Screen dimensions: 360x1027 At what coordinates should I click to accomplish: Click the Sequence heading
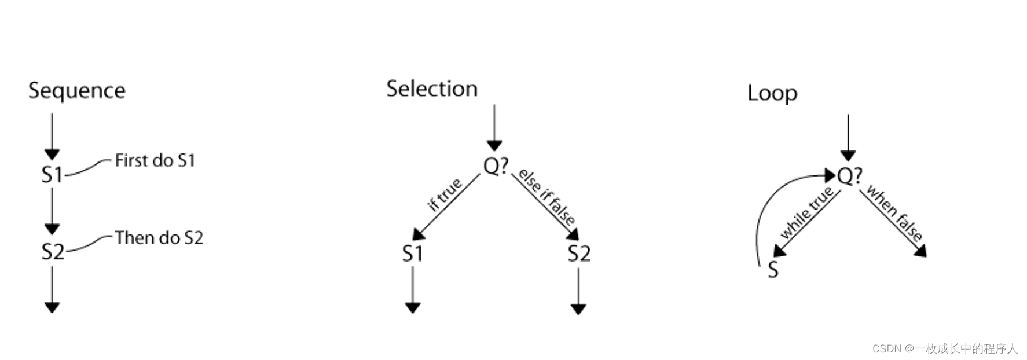[x=76, y=91]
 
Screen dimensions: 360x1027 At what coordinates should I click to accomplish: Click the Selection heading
[x=432, y=89]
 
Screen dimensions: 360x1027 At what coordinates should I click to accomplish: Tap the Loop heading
[x=772, y=93]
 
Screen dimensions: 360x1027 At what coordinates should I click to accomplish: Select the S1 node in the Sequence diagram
[x=52, y=174]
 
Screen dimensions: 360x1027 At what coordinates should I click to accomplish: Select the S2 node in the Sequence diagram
[x=52, y=251]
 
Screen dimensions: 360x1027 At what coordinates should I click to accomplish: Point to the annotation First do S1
[x=155, y=160]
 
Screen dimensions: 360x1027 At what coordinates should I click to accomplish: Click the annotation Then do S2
[x=159, y=238]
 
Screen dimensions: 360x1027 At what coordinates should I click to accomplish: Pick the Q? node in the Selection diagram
[x=496, y=166]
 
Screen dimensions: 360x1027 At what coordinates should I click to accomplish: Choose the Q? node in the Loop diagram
[x=849, y=175]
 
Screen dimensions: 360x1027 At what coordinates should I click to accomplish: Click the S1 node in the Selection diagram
[x=412, y=254]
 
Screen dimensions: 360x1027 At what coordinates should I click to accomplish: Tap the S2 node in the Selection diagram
[x=578, y=254]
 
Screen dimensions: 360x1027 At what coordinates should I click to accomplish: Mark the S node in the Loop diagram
[x=773, y=270]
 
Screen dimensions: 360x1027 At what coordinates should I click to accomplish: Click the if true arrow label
[x=445, y=194]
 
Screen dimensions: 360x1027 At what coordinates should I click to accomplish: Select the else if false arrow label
[x=546, y=197]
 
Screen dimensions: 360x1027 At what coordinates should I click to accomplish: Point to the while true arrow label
[x=806, y=212]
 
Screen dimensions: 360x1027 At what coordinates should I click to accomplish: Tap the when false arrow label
[x=894, y=213]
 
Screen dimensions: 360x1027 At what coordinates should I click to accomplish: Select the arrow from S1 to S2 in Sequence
[x=52, y=210]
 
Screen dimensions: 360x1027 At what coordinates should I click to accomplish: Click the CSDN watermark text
[x=944, y=348]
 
